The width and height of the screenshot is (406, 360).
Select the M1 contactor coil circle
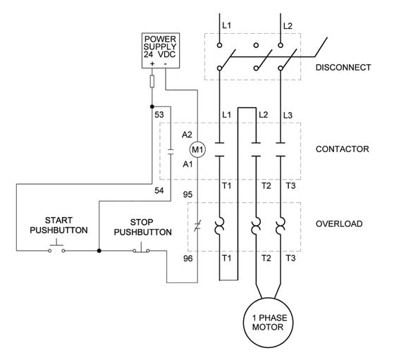point(198,149)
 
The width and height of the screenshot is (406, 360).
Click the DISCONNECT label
point(343,68)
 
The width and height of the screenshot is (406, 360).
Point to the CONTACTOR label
point(342,149)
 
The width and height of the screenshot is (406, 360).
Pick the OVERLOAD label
point(339,224)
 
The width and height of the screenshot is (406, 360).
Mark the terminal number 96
point(187,259)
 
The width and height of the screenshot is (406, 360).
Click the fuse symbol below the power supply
point(152,82)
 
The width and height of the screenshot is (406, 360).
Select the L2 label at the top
point(288,26)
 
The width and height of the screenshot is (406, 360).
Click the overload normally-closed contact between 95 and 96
point(199,225)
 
